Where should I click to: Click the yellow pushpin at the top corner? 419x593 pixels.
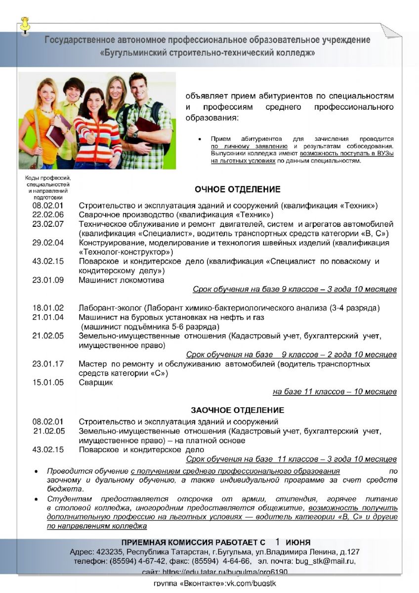25,25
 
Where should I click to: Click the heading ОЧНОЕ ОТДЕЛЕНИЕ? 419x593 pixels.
237,189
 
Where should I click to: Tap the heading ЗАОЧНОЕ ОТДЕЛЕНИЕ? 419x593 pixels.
237,410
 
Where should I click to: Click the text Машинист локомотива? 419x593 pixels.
122,280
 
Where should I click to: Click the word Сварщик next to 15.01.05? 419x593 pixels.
96,382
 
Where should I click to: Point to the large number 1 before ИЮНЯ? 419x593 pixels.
278,541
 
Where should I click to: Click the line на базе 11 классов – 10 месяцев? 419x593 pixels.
335,392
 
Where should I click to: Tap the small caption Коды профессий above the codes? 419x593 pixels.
48,178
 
